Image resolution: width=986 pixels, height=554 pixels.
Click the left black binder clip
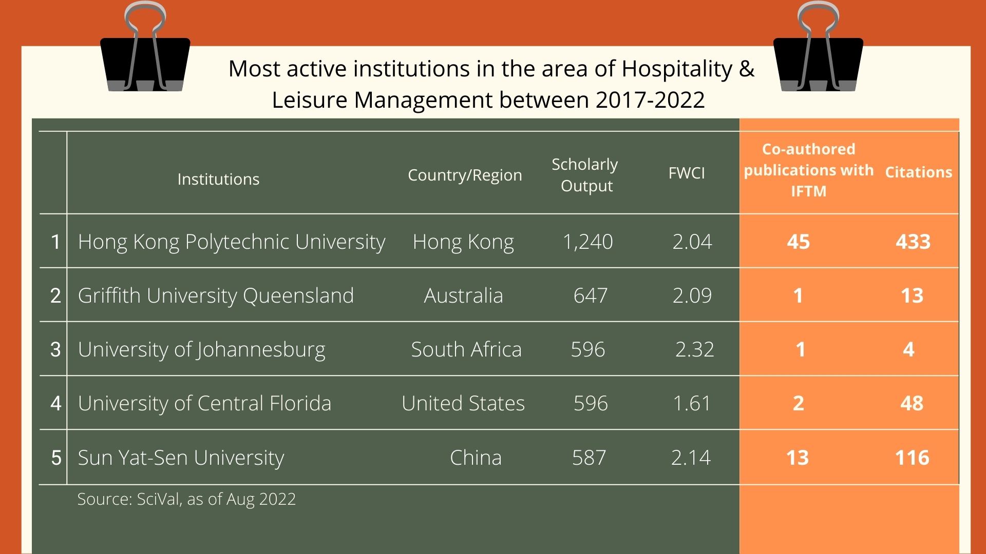point(145,62)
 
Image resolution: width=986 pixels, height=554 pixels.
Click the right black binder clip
point(818,62)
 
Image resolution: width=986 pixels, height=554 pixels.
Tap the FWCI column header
point(687,173)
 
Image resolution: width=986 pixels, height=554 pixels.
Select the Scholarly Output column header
point(585,175)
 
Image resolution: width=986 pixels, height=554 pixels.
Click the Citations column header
point(918,172)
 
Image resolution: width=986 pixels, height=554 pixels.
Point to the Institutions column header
point(218,179)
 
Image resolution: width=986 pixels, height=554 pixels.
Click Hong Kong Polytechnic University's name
point(231,242)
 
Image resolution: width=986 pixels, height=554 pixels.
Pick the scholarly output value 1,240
point(588,242)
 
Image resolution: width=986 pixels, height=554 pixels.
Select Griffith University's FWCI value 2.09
point(692,295)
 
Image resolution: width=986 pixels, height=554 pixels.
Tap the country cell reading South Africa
point(466,349)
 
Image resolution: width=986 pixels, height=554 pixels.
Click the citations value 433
point(913,242)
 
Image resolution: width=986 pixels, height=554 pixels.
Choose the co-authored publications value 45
point(798,242)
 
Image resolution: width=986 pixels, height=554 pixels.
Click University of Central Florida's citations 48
point(912,404)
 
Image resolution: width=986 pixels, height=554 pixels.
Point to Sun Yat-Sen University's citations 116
point(912,458)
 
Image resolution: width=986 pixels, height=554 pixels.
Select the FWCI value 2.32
point(694,349)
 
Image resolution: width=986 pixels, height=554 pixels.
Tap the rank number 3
point(55,349)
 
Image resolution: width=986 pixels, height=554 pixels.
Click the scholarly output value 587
point(589,458)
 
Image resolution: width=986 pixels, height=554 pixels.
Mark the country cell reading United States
point(463,404)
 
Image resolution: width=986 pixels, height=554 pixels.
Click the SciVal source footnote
point(186,499)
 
